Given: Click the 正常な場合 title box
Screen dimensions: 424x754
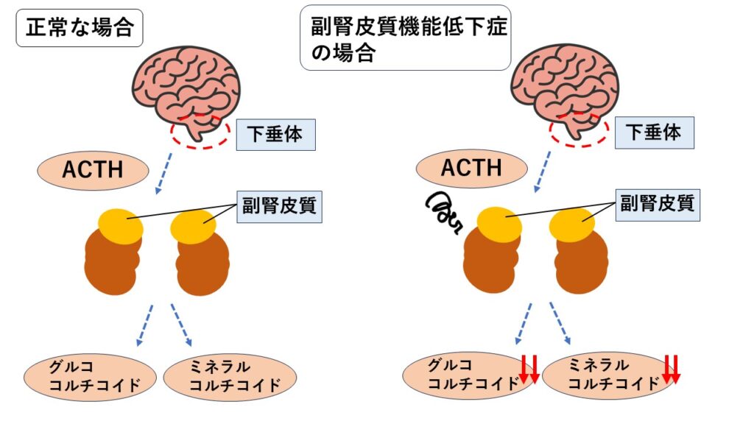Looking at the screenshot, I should click(79, 28).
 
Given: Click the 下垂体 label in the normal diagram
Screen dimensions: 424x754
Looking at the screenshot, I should click(275, 134).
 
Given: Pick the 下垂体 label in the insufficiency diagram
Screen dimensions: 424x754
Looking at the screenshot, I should click(653, 132).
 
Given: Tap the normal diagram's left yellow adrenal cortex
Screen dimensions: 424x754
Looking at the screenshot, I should click(121, 226).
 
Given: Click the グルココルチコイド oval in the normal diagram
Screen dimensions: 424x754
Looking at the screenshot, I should click(92, 376).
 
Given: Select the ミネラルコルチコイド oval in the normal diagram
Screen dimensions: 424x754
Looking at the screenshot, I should click(230, 376).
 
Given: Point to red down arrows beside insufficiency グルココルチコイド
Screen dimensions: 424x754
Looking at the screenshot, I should click(529, 370).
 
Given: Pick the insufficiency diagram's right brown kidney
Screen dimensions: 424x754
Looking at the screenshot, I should click(582, 261).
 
